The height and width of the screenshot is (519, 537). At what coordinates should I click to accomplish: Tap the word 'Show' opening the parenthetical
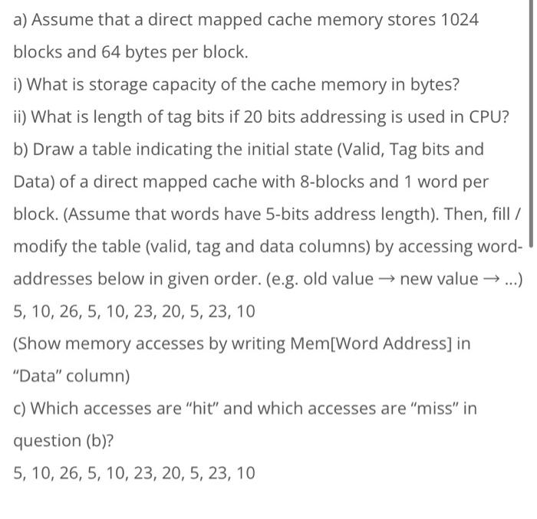click(37, 343)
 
